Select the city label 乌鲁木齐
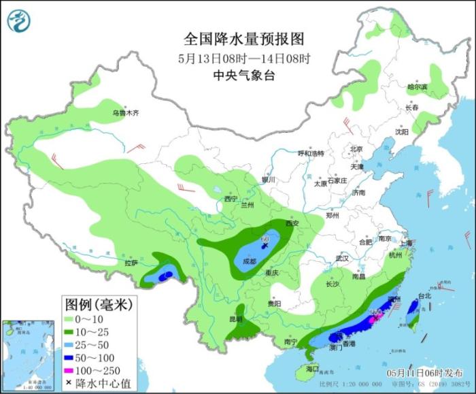pos(126,112)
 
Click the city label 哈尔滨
pos(417,87)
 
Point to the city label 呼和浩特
pos(312,153)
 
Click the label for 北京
pos(356,149)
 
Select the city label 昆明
pos(235,318)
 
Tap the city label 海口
pos(312,368)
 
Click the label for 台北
pos(424,296)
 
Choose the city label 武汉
pos(341,259)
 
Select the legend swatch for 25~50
pos(69,344)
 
